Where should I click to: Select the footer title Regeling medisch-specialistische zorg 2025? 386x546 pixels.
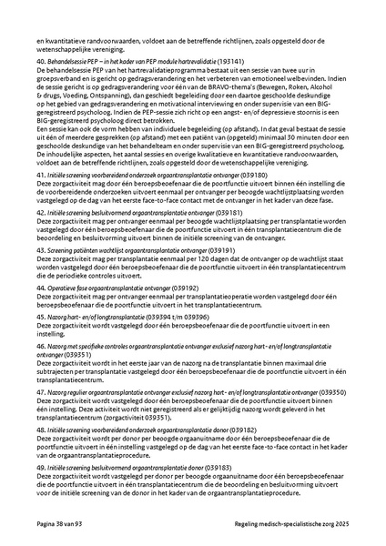click(289, 525)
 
